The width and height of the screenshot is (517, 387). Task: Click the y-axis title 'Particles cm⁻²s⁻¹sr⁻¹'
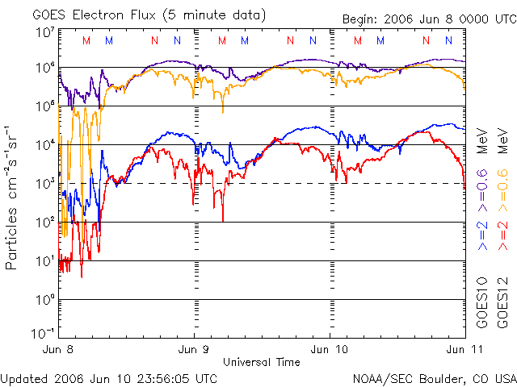click(14, 197)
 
